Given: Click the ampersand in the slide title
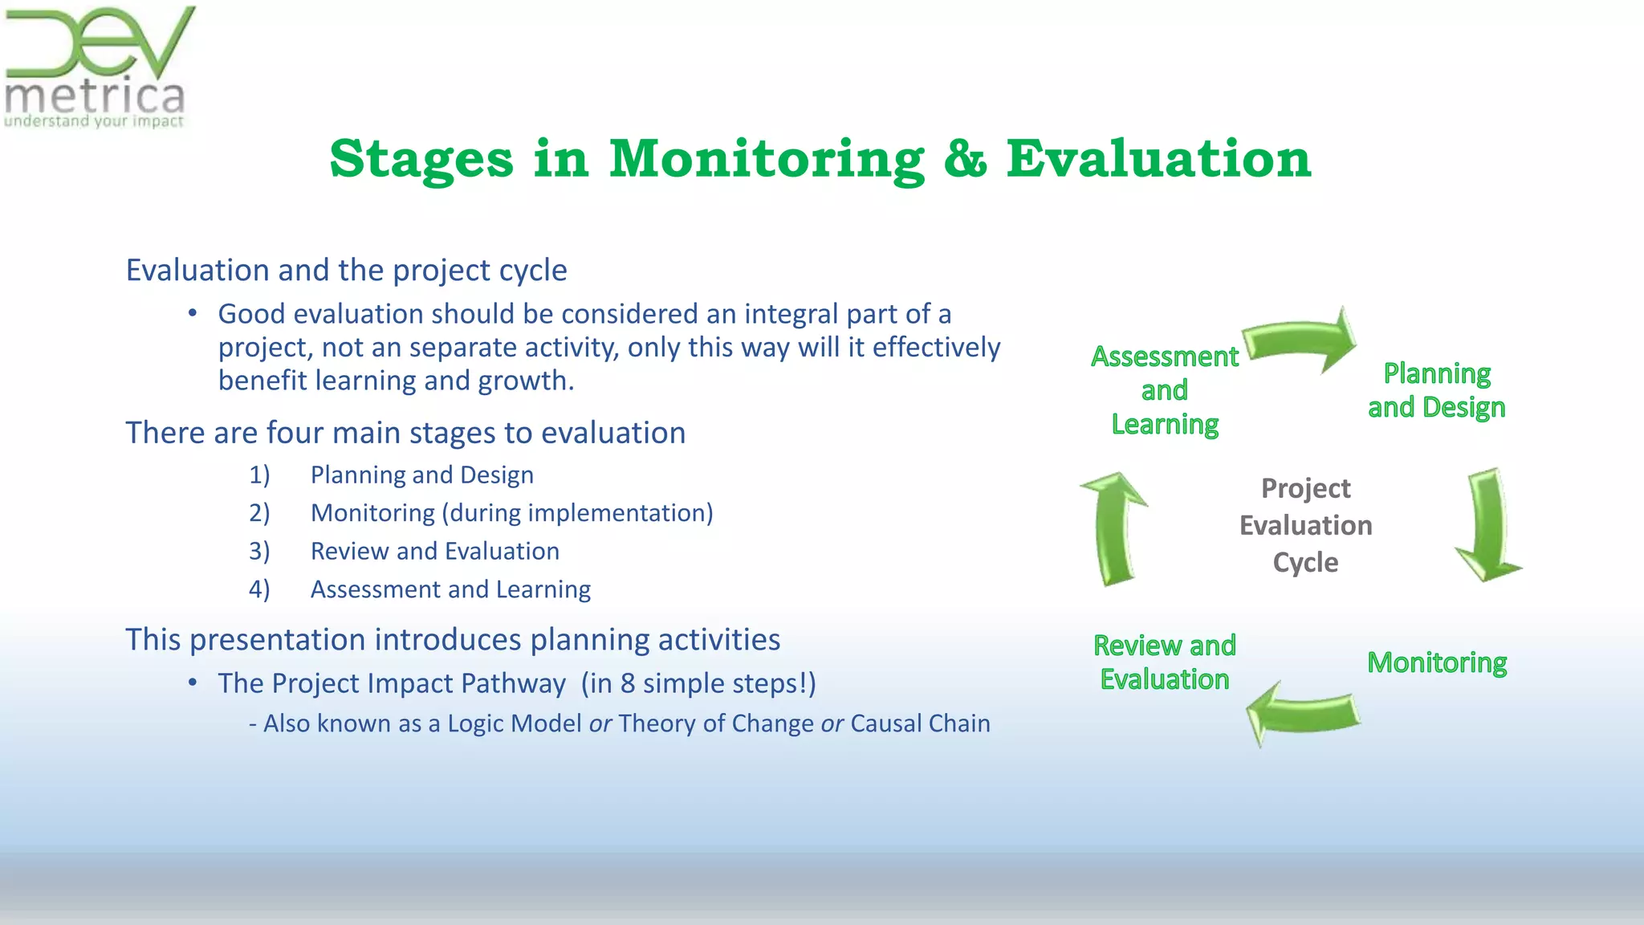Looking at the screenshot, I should [x=965, y=158].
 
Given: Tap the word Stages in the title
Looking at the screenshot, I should [x=421, y=158].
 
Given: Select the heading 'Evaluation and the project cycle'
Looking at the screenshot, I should [x=346, y=271].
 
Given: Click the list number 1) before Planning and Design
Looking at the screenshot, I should [x=258, y=475].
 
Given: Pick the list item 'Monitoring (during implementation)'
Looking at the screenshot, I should [x=511, y=512].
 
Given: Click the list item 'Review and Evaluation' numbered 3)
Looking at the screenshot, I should [x=434, y=551].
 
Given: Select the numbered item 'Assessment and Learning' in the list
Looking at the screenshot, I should [x=450, y=589].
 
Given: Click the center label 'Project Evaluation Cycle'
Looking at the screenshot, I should [x=1305, y=525].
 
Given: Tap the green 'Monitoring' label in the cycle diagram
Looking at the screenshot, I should [x=1436, y=662].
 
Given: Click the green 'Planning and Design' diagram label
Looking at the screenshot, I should [x=1436, y=390].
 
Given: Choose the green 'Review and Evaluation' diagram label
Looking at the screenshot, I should [x=1164, y=662].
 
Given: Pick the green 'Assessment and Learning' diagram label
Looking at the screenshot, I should [x=1164, y=390].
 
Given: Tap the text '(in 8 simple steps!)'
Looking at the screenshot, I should [x=698, y=683].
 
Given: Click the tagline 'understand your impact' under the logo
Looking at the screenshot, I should [x=94, y=122].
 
